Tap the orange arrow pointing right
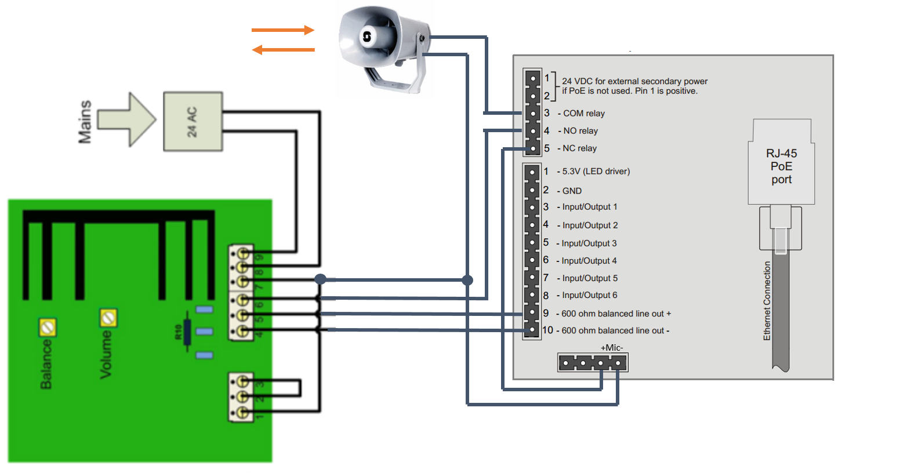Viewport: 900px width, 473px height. (x=284, y=30)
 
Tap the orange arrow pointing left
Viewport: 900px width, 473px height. (x=284, y=50)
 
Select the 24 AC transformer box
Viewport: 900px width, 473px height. (x=193, y=122)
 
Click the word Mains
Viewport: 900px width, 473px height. (x=85, y=122)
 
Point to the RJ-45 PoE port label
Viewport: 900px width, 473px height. (x=781, y=166)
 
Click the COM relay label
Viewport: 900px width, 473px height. (x=583, y=114)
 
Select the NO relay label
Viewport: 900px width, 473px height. (x=580, y=131)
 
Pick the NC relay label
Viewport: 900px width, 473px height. (x=579, y=148)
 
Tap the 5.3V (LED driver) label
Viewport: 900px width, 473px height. (x=596, y=172)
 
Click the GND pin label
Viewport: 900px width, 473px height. (x=571, y=191)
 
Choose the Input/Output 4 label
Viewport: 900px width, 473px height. (x=589, y=261)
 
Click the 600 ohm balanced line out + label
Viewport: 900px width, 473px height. (x=616, y=314)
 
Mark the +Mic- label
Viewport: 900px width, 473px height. (x=612, y=348)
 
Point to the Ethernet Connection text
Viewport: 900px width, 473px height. (x=767, y=300)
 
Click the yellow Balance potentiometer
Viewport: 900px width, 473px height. (x=48, y=328)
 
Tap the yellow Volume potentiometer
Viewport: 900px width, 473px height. (x=108, y=318)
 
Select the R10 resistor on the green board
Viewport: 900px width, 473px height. (x=187, y=332)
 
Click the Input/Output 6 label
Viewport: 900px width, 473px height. (x=589, y=295)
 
